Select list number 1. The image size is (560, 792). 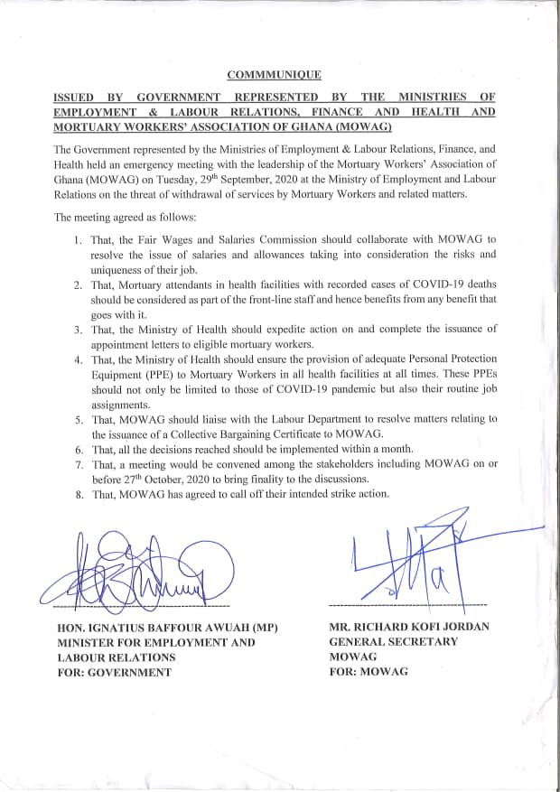(79, 239)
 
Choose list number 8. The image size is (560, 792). (79, 494)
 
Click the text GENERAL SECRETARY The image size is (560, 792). (394, 642)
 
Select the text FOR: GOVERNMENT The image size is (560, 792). (114, 672)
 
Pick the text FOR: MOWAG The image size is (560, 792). (369, 672)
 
